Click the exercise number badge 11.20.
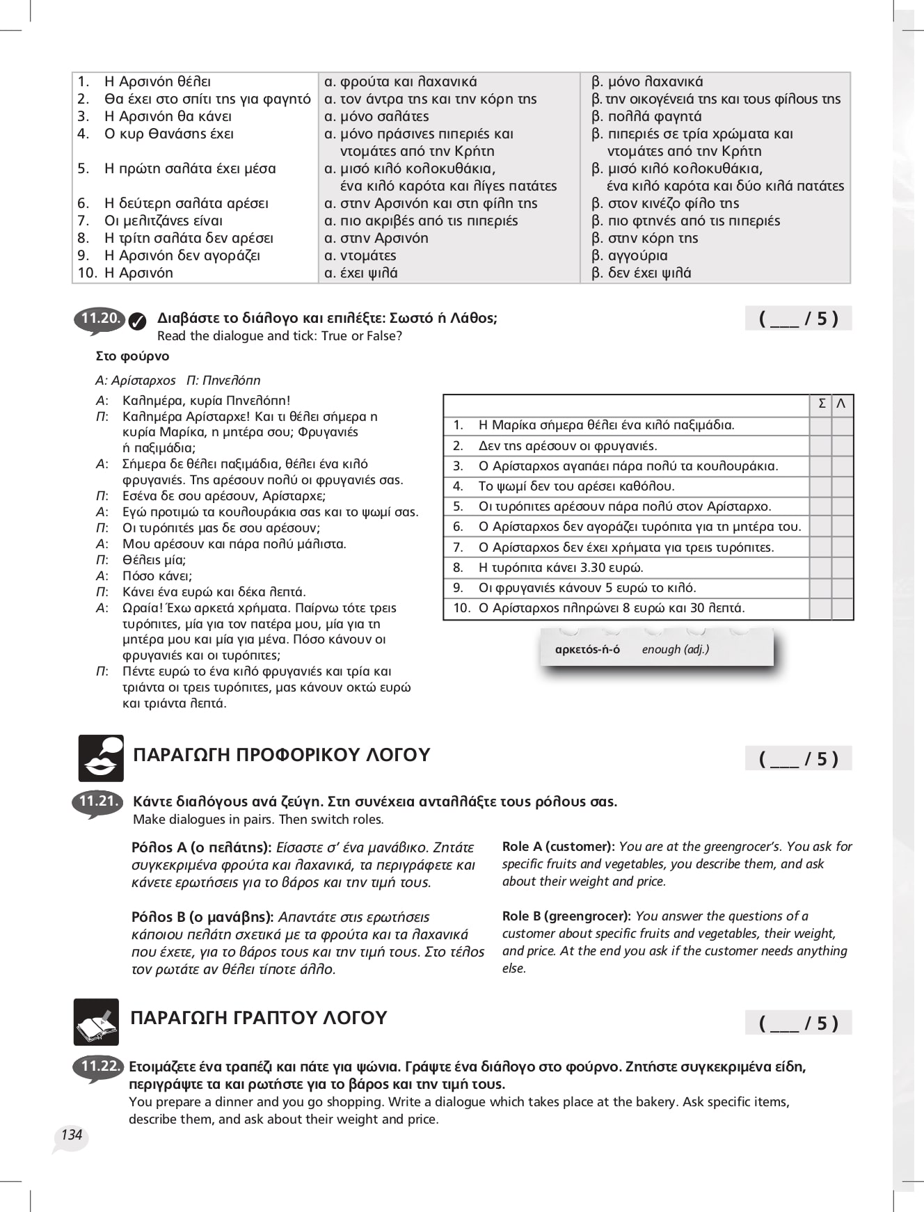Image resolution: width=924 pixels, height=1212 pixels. click(99, 319)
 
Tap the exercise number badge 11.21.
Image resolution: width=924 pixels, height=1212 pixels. click(97, 802)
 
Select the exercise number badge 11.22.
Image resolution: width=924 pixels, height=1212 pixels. click(99, 1067)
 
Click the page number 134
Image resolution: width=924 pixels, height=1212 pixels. click(71, 1135)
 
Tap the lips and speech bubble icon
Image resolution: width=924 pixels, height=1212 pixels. click(101, 758)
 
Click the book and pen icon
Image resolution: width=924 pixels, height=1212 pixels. click(96, 1022)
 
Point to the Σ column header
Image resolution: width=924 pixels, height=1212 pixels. click(822, 404)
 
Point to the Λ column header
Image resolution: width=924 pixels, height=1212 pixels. click(842, 404)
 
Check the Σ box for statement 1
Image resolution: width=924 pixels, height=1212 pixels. click(821, 425)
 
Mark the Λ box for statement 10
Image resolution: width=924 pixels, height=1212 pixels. click(843, 608)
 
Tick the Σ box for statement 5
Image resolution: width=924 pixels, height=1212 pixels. click(821, 507)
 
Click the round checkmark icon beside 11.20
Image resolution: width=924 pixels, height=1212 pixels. click(138, 321)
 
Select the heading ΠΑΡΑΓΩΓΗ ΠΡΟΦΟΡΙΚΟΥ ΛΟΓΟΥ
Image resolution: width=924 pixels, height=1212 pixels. click(281, 755)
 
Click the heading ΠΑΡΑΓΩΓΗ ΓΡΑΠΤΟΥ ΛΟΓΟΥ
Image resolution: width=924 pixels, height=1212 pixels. click(258, 1018)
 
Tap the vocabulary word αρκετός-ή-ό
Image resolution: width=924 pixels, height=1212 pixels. click(587, 650)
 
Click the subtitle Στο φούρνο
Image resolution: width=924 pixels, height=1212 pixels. click(132, 356)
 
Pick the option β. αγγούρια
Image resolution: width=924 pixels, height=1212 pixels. click(629, 255)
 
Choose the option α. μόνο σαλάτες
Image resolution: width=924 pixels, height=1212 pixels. click(376, 116)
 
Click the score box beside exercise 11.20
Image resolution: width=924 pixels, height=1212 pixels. click(798, 319)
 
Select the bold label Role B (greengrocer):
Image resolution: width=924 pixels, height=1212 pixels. click(566, 916)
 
